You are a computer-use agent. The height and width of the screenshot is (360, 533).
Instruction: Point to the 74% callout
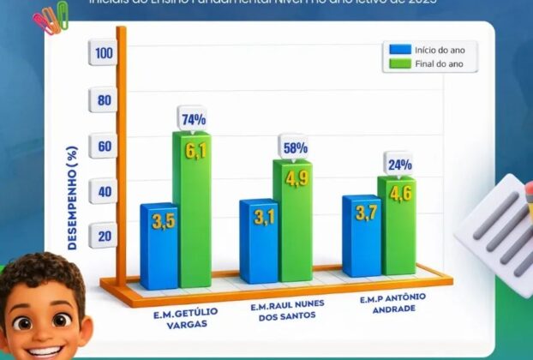point(192,119)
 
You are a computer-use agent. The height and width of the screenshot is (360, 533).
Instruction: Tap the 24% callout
point(398,164)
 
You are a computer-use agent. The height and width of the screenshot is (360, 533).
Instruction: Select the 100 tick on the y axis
point(104,53)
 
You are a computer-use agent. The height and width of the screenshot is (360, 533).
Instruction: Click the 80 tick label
point(104,99)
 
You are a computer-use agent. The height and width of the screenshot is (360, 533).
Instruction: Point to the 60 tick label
point(104,146)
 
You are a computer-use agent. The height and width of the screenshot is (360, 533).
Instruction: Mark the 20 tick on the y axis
point(104,237)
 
